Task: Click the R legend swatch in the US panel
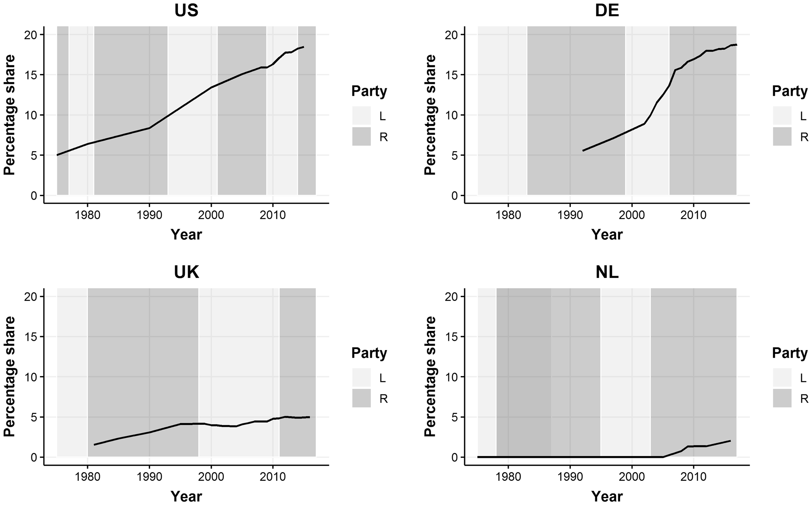pyautogui.click(x=362, y=136)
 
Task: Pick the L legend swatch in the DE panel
pyautogui.click(x=782, y=115)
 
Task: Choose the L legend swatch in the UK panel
pyautogui.click(x=362, y=377)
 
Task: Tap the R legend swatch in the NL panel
pyautogui.click(x=782, y=398)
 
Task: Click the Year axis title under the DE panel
pyautogui.click(x=607, y=235)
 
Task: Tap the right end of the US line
pyautogui.click(x=303, y=47)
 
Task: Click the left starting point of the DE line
pyautogui.click(x=583, y=151)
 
